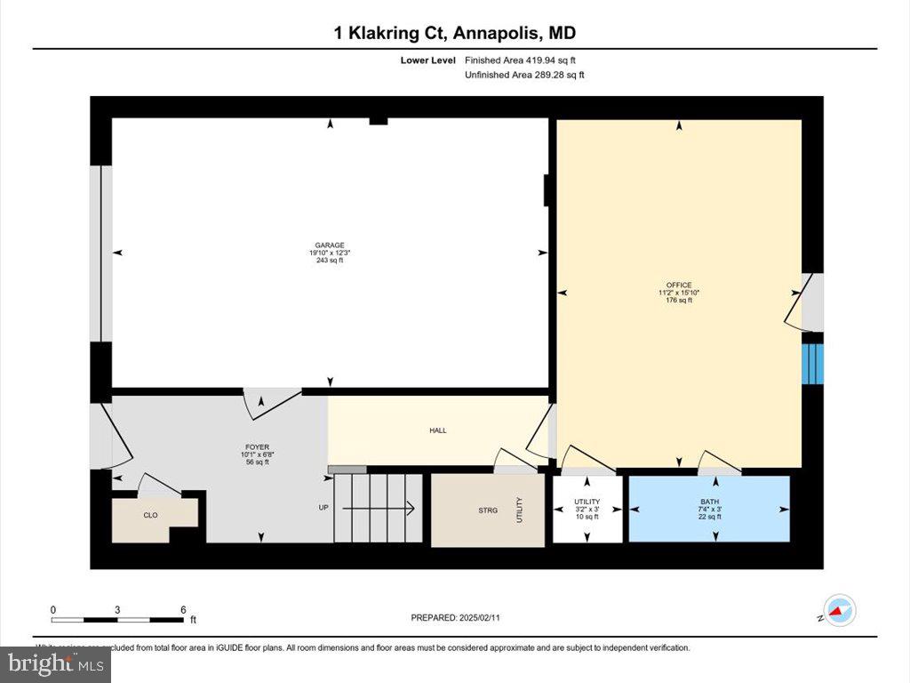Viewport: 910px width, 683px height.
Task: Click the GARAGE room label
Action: [329, 245]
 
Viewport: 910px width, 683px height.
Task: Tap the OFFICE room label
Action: [679, 285]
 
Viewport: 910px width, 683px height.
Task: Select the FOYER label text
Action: [258, 447]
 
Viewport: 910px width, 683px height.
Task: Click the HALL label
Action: [438, 430]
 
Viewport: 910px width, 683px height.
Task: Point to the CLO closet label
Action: [150, 514]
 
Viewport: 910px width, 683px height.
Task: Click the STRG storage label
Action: [487, 510]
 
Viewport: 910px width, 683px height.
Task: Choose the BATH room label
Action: [709, 502]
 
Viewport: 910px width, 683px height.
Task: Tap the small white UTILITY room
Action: [587, 510]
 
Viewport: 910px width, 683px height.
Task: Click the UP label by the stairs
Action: [323, 508]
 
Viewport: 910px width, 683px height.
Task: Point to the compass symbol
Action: [839, 611]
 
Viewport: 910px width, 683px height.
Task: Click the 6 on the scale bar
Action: [183, 610]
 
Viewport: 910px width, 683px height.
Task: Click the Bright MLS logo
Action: [55, 663]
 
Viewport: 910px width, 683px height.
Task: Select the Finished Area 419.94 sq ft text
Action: [525, 60]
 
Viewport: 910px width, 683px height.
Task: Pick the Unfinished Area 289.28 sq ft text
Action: [524, 76]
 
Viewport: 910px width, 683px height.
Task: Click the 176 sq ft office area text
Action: [679, 301]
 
